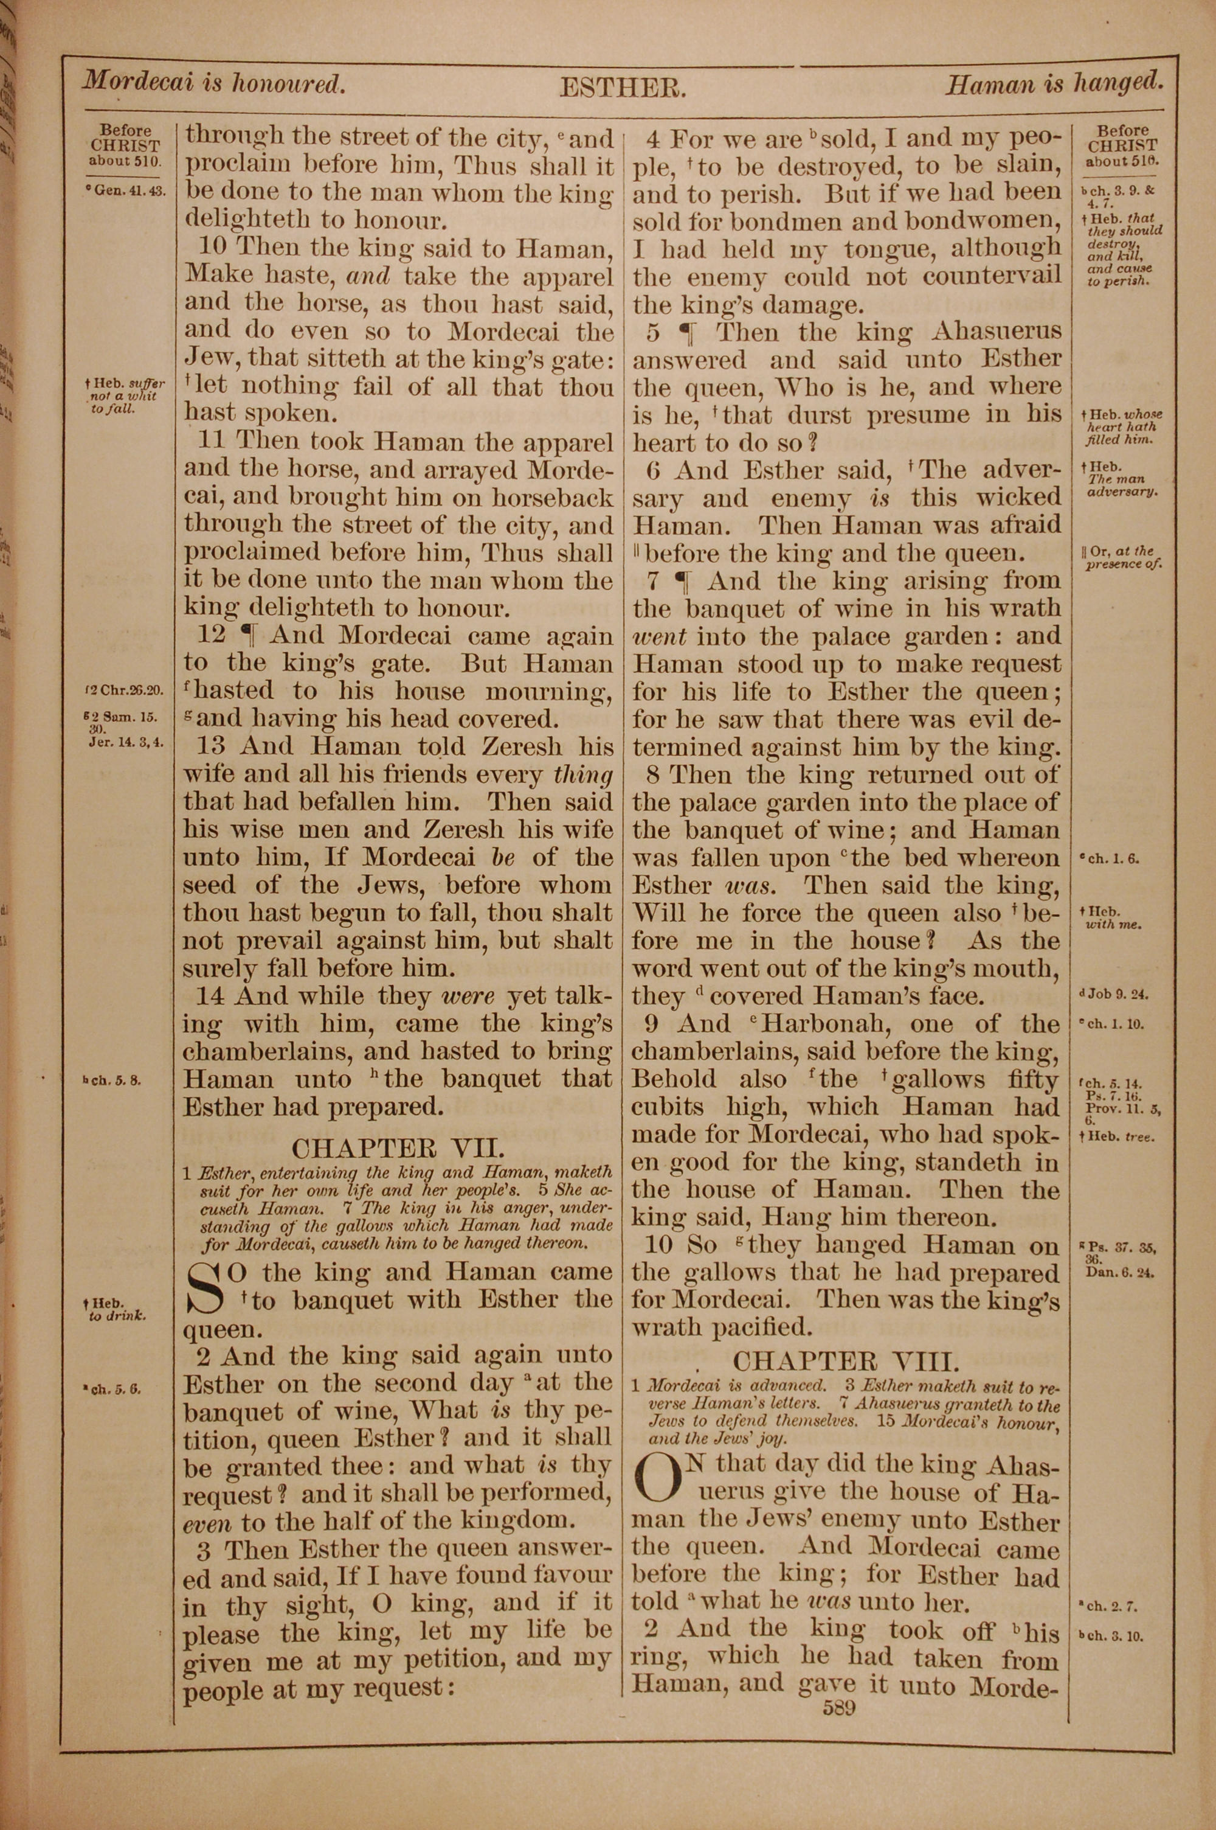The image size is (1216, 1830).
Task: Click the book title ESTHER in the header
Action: coord(622,88)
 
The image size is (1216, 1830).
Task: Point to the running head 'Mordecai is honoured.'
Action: coord(213,83)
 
